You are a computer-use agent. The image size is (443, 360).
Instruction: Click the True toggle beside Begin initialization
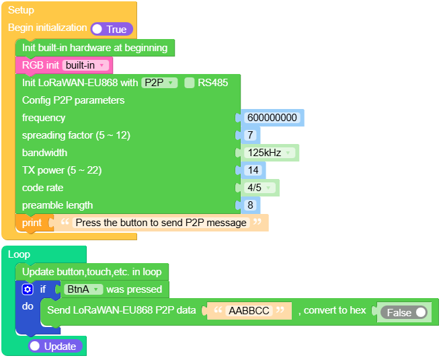pos(112,29)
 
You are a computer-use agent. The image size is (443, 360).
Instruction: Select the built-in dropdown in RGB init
pos(85,65)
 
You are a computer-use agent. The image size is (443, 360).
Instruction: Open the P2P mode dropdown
pos(159,83)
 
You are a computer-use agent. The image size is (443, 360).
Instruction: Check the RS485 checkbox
pos(190,83)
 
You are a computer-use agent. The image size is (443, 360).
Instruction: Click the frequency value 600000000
pos(272,118)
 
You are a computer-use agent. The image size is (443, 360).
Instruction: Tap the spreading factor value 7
pos(250,135)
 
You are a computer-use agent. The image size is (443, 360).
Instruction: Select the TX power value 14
pos(253,170)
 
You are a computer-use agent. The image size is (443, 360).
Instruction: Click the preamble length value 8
pos(250,205)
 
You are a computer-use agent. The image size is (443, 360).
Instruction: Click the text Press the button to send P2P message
pos(161,223)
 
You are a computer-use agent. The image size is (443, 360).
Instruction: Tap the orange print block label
pos(32,223)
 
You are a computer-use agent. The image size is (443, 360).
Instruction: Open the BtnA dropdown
pos(83,289)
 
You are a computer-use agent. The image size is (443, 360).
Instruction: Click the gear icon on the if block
pos(28,289)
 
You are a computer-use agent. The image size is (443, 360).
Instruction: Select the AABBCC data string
pos(249,311)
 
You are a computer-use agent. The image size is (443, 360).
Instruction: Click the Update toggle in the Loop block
pos(56,346)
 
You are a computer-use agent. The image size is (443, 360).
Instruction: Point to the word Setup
pos(21,10)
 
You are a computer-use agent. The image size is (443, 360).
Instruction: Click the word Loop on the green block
pos(19,254)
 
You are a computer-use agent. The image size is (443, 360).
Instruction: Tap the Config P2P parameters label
pos(73,100)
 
